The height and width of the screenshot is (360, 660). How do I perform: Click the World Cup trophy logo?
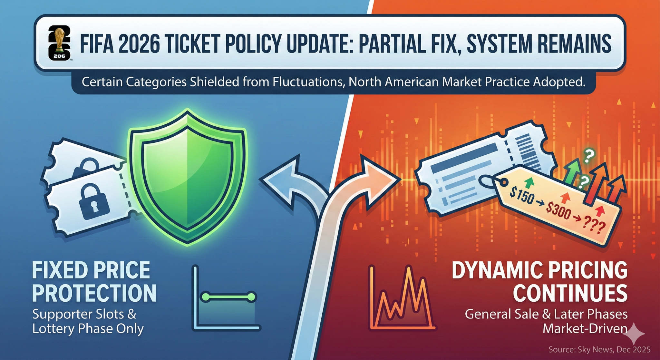click(59, 43)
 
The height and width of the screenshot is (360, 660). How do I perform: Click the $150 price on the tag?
click(522, 195)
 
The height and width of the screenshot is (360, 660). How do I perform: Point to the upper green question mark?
click(589, 156)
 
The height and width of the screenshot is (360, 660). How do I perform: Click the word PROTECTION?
click(94, 293)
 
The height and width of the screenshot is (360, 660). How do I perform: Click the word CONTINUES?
click(570, 293)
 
